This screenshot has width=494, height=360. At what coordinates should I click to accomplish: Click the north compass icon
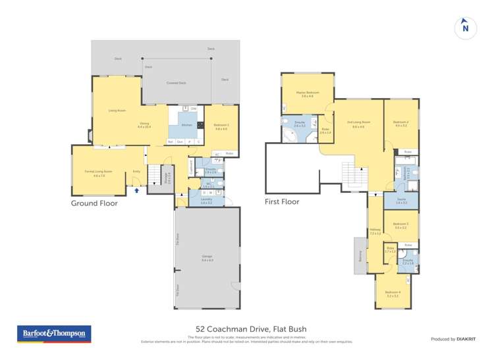(465, 27)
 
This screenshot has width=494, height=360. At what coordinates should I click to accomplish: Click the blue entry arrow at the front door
(137, 190)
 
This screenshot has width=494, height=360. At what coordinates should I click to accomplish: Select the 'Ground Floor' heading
(94, 203)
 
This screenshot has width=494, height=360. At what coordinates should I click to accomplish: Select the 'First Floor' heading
(282, 201)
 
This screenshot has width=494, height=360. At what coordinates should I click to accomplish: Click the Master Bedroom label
(308, 93)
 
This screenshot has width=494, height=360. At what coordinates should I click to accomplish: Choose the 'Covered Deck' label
(176, 83)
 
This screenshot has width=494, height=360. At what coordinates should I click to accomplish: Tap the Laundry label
(206, 200)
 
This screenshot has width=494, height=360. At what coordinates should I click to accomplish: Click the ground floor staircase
(153, 176)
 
